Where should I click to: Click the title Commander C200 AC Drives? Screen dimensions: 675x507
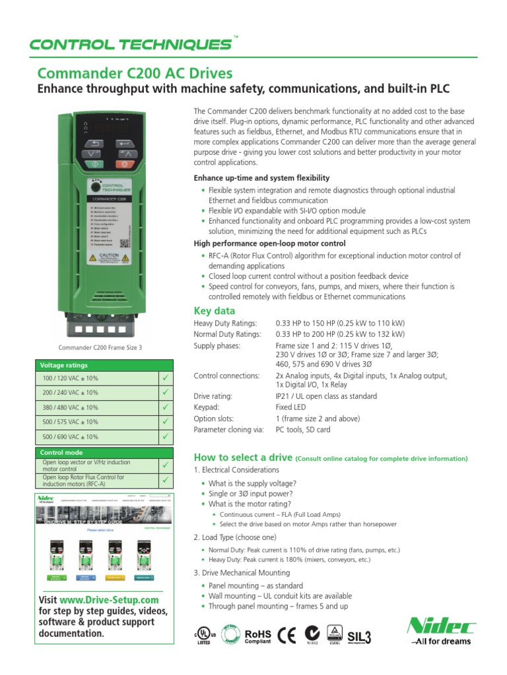pos(134,73)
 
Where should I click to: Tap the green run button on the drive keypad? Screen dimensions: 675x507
pos(93,163)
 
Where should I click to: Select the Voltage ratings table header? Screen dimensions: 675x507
pos(64,365)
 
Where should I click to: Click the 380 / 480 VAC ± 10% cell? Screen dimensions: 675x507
pos(70,407)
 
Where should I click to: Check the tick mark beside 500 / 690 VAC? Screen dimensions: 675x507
pos(165,436)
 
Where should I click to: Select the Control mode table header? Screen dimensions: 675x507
pos(62,453)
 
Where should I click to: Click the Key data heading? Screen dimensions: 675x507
pos(214,310)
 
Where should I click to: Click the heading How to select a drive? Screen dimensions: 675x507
pos(242,458)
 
